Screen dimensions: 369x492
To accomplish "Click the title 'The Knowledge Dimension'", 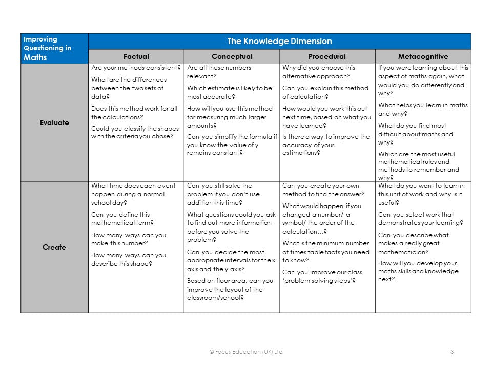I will pos(279,42).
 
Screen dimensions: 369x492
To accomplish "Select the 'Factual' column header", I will pos(136,56).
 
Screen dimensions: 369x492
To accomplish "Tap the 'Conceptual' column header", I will pos(232,56).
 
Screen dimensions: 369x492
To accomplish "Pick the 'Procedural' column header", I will pos(327,56).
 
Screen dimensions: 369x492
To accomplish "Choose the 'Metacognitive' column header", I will pos(423,56).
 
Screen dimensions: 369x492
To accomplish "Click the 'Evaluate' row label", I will pos(54,122).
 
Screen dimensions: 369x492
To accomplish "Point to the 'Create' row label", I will pos(54,247).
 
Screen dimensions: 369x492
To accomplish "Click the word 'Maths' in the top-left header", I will pos(35,57).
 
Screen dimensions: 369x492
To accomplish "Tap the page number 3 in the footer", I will pos(452,352).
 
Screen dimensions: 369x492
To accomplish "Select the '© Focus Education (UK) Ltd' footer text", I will pos(246,352).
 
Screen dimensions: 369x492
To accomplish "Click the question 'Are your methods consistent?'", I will pos(136,68).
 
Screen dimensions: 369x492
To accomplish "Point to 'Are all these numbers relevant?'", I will pos(219,72).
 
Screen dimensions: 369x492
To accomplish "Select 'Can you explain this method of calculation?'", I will pos(325,92).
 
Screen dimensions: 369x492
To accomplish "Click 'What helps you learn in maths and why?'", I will pos(423,109).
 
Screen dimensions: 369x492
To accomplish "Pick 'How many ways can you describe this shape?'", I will pos(128,259).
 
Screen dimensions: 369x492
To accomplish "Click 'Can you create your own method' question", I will pos(323,190).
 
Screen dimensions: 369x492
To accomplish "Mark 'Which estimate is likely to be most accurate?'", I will pos(229,92).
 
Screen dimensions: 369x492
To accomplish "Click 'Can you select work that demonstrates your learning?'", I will pos(420,219).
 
